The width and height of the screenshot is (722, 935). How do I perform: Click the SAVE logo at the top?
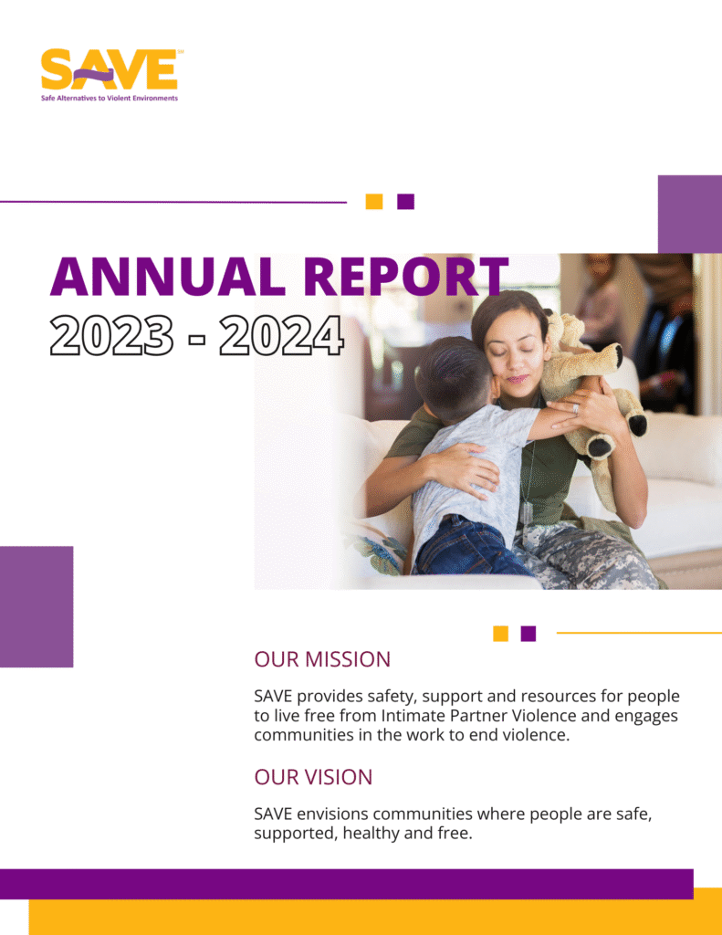[110, 75]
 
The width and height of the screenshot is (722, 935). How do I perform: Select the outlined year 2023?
[111, 336]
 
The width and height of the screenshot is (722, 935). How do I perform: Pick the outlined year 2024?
[281, 336]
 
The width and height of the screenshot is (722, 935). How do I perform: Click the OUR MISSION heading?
[322, 659]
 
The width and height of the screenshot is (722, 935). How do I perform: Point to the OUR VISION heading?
[314, 777]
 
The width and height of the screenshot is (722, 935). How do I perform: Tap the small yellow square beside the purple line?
[374, 202]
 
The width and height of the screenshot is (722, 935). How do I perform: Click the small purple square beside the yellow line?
[528, 634]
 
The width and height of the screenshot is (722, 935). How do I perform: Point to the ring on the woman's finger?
[576, 409]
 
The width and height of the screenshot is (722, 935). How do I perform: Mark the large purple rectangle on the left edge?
[37, 606]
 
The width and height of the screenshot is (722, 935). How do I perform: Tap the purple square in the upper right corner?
[690, 214]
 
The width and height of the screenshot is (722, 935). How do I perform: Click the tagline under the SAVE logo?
[110, 98]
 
